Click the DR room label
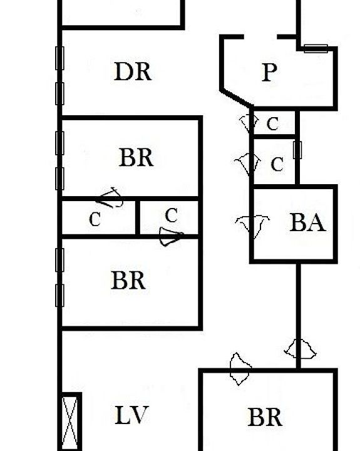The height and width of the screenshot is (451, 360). [133, 71]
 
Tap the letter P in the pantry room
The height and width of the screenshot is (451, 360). [270, 72]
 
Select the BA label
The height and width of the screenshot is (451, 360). [307, 222]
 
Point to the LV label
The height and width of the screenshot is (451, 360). [131, 415]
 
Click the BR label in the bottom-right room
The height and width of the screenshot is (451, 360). [265, 417]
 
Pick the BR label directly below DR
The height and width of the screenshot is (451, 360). [136, 157]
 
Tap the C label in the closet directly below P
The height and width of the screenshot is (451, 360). [272, 124]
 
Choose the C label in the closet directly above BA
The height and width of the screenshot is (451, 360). [277, 165]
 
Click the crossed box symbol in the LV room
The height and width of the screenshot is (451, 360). [70, 422]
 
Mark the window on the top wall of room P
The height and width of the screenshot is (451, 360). [316, 49]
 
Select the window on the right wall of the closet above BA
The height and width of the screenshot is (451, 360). [297, 150]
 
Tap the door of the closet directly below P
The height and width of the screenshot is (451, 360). [248, 123]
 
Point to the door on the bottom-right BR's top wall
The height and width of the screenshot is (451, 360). [240, 369]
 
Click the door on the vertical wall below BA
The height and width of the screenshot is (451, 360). [300, 349]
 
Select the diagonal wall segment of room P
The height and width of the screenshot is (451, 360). [237, 98]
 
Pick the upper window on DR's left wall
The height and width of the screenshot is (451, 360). [59, 58]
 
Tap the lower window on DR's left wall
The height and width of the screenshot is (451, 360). [59, 93]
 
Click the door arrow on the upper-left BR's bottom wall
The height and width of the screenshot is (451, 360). [110, 197]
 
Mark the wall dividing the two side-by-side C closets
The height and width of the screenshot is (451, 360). [138, 218]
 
